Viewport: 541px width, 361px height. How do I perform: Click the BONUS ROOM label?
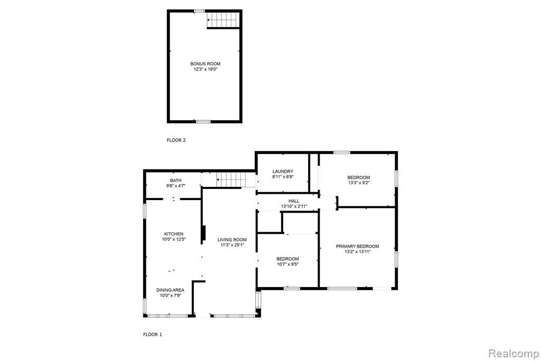tap(206, 64)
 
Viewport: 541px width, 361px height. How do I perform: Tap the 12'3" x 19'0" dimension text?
tap(206, 69)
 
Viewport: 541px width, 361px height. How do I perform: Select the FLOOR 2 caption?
tap(176, 140)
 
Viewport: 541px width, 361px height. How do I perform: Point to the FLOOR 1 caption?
tap(153, 335)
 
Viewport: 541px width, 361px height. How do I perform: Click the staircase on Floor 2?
tap(223, 20)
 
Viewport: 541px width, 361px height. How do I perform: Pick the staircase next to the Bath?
tap(231, 179)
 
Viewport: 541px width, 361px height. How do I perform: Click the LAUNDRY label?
tap(283, 172)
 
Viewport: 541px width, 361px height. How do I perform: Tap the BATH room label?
tap(175, 180)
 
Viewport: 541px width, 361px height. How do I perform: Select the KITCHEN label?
tap(173, 234)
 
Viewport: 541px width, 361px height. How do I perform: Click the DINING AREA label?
tap(170, 290)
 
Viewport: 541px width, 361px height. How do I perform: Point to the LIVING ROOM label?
tap(232, 240)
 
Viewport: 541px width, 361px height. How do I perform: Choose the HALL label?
tap(294, 201)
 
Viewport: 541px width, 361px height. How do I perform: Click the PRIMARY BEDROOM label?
tap(358, 246)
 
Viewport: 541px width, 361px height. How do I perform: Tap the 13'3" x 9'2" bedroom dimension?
tap(359, 183)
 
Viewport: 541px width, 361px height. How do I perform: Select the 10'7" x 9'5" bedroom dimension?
tap(288, 264)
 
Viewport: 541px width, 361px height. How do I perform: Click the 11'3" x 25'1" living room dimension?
tap(232, 245)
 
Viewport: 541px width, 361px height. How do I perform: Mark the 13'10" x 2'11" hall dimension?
tap(294, 206)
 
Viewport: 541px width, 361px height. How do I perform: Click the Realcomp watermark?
tap(514, 353)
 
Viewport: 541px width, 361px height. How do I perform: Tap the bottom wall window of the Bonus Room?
tap(203, 121)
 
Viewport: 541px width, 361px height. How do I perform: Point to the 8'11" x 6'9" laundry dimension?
tap(283, 177)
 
